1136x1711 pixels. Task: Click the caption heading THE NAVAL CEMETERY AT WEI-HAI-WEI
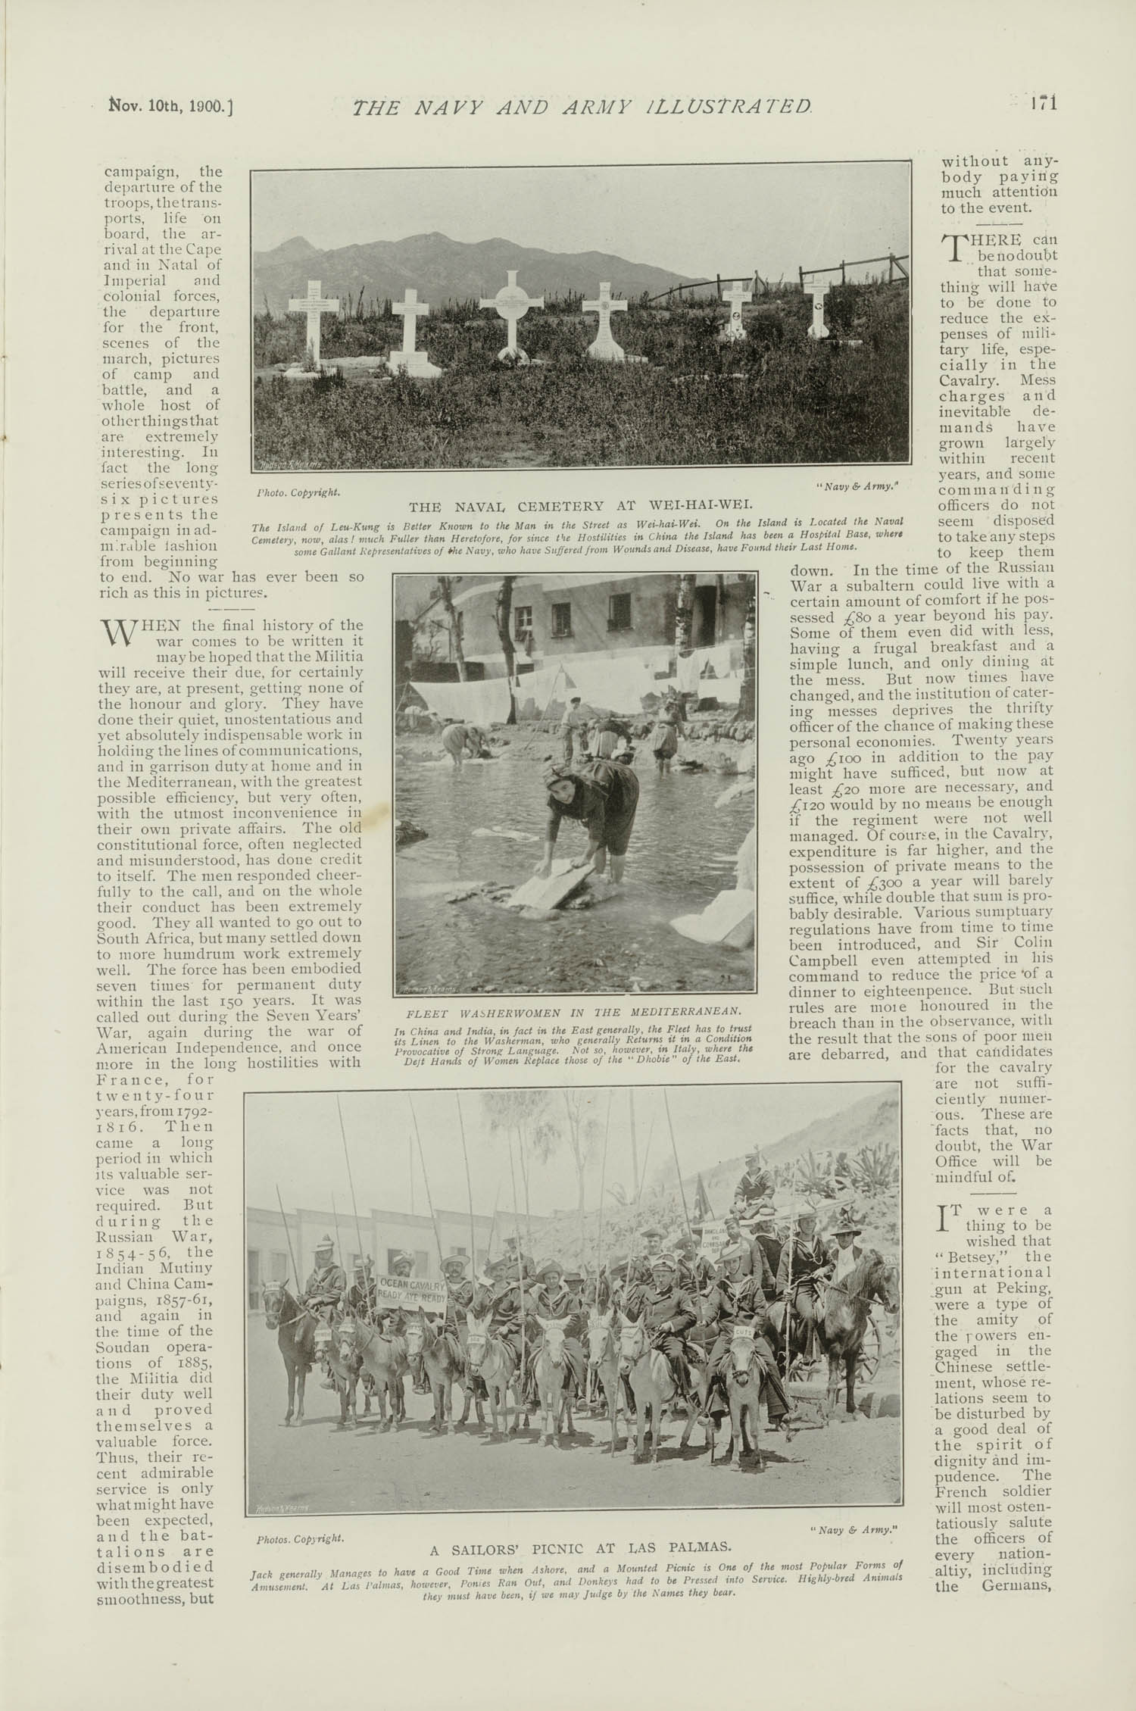(580, 507)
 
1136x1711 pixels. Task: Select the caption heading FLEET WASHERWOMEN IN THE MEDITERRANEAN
(574, 1011)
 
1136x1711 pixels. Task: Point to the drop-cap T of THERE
(953, 246)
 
